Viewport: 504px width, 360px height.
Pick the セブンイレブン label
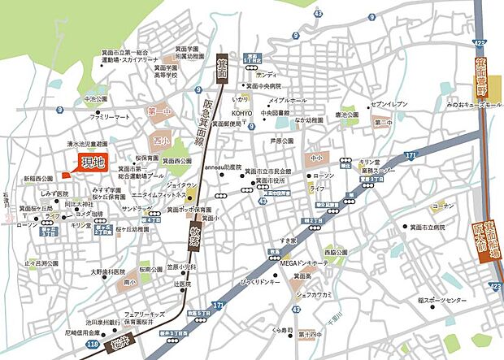(x=389, y=105)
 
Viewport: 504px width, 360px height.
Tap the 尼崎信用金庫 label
(x=84, y=332)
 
